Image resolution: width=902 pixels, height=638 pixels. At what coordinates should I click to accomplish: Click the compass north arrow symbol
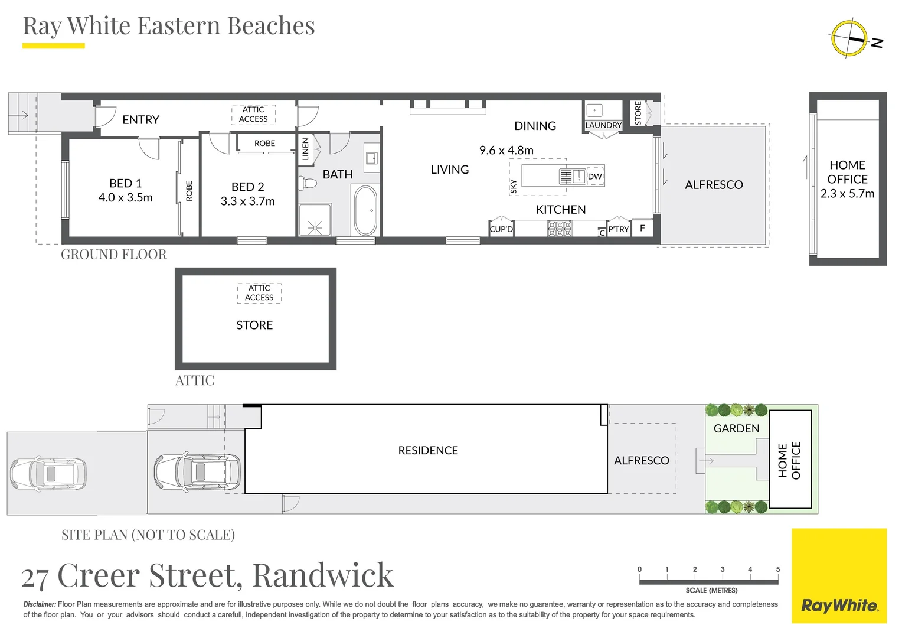coord(850,39)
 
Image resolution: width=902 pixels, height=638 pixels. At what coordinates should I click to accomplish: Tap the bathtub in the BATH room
coord(365,211)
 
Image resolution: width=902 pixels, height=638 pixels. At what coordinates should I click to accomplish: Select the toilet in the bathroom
coord(306,183)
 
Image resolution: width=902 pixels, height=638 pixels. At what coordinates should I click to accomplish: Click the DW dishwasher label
coord(594,177)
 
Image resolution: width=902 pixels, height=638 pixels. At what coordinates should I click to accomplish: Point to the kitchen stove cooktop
coord(559,229)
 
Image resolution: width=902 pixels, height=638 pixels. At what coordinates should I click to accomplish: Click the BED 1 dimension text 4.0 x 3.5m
coord(125,198)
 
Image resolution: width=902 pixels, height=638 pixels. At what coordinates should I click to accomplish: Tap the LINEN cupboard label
coord(305,149)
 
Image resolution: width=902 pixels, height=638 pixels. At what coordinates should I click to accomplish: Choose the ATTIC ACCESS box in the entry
coord(253,114)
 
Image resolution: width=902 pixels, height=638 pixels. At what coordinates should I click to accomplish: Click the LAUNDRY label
coord(603,125)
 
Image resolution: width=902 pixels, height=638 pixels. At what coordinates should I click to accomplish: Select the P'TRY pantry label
coord(619,229)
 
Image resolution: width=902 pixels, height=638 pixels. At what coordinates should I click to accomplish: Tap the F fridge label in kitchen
coord(642,228)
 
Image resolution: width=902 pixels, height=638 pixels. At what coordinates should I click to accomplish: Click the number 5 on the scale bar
coord(777,569)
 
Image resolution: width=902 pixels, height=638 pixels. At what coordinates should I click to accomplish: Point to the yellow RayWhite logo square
coord(839,575)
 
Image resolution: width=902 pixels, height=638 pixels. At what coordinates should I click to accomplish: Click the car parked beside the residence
coord(197,473)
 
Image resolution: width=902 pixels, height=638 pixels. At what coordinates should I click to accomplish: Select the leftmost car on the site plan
coord(48,474)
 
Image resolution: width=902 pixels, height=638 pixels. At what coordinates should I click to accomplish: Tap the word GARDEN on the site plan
coord(736,428)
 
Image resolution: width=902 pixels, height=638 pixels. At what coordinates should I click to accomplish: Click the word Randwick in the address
coord(322,575)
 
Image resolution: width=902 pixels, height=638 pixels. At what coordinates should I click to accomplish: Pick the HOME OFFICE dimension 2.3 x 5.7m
coord(847,194)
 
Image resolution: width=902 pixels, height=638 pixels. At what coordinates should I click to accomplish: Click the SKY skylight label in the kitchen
coord(514,187)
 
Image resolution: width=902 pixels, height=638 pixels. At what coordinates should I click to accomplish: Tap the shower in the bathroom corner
coord(315,220)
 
